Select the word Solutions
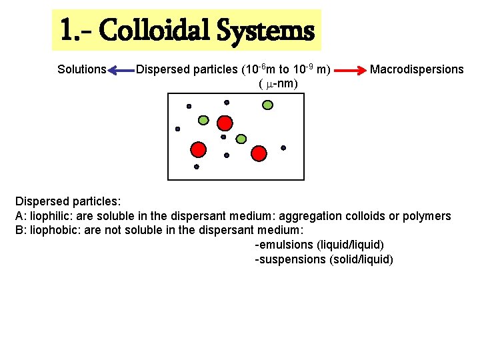coord(82,69)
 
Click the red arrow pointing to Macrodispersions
coord(351,69)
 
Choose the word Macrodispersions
coord(417,69)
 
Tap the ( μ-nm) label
coord(277,83)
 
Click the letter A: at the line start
coord(21,216)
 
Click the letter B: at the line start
coord(21,231)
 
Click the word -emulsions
coord(284,245)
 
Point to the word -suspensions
coord(291,259)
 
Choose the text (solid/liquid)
coord(361,259)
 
